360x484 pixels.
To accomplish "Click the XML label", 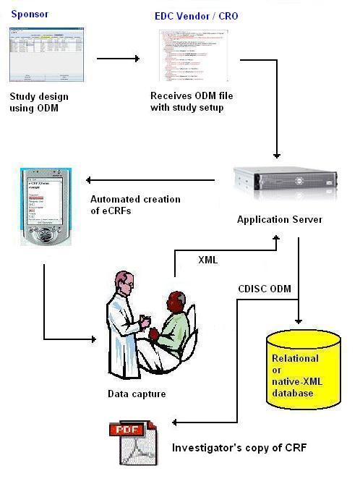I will (x=209, y=259).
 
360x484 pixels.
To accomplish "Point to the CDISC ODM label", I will (x=265, y=289).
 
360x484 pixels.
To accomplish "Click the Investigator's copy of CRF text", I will (x=239, y=448).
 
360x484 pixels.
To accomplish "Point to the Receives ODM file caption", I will (x=192, y=102).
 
